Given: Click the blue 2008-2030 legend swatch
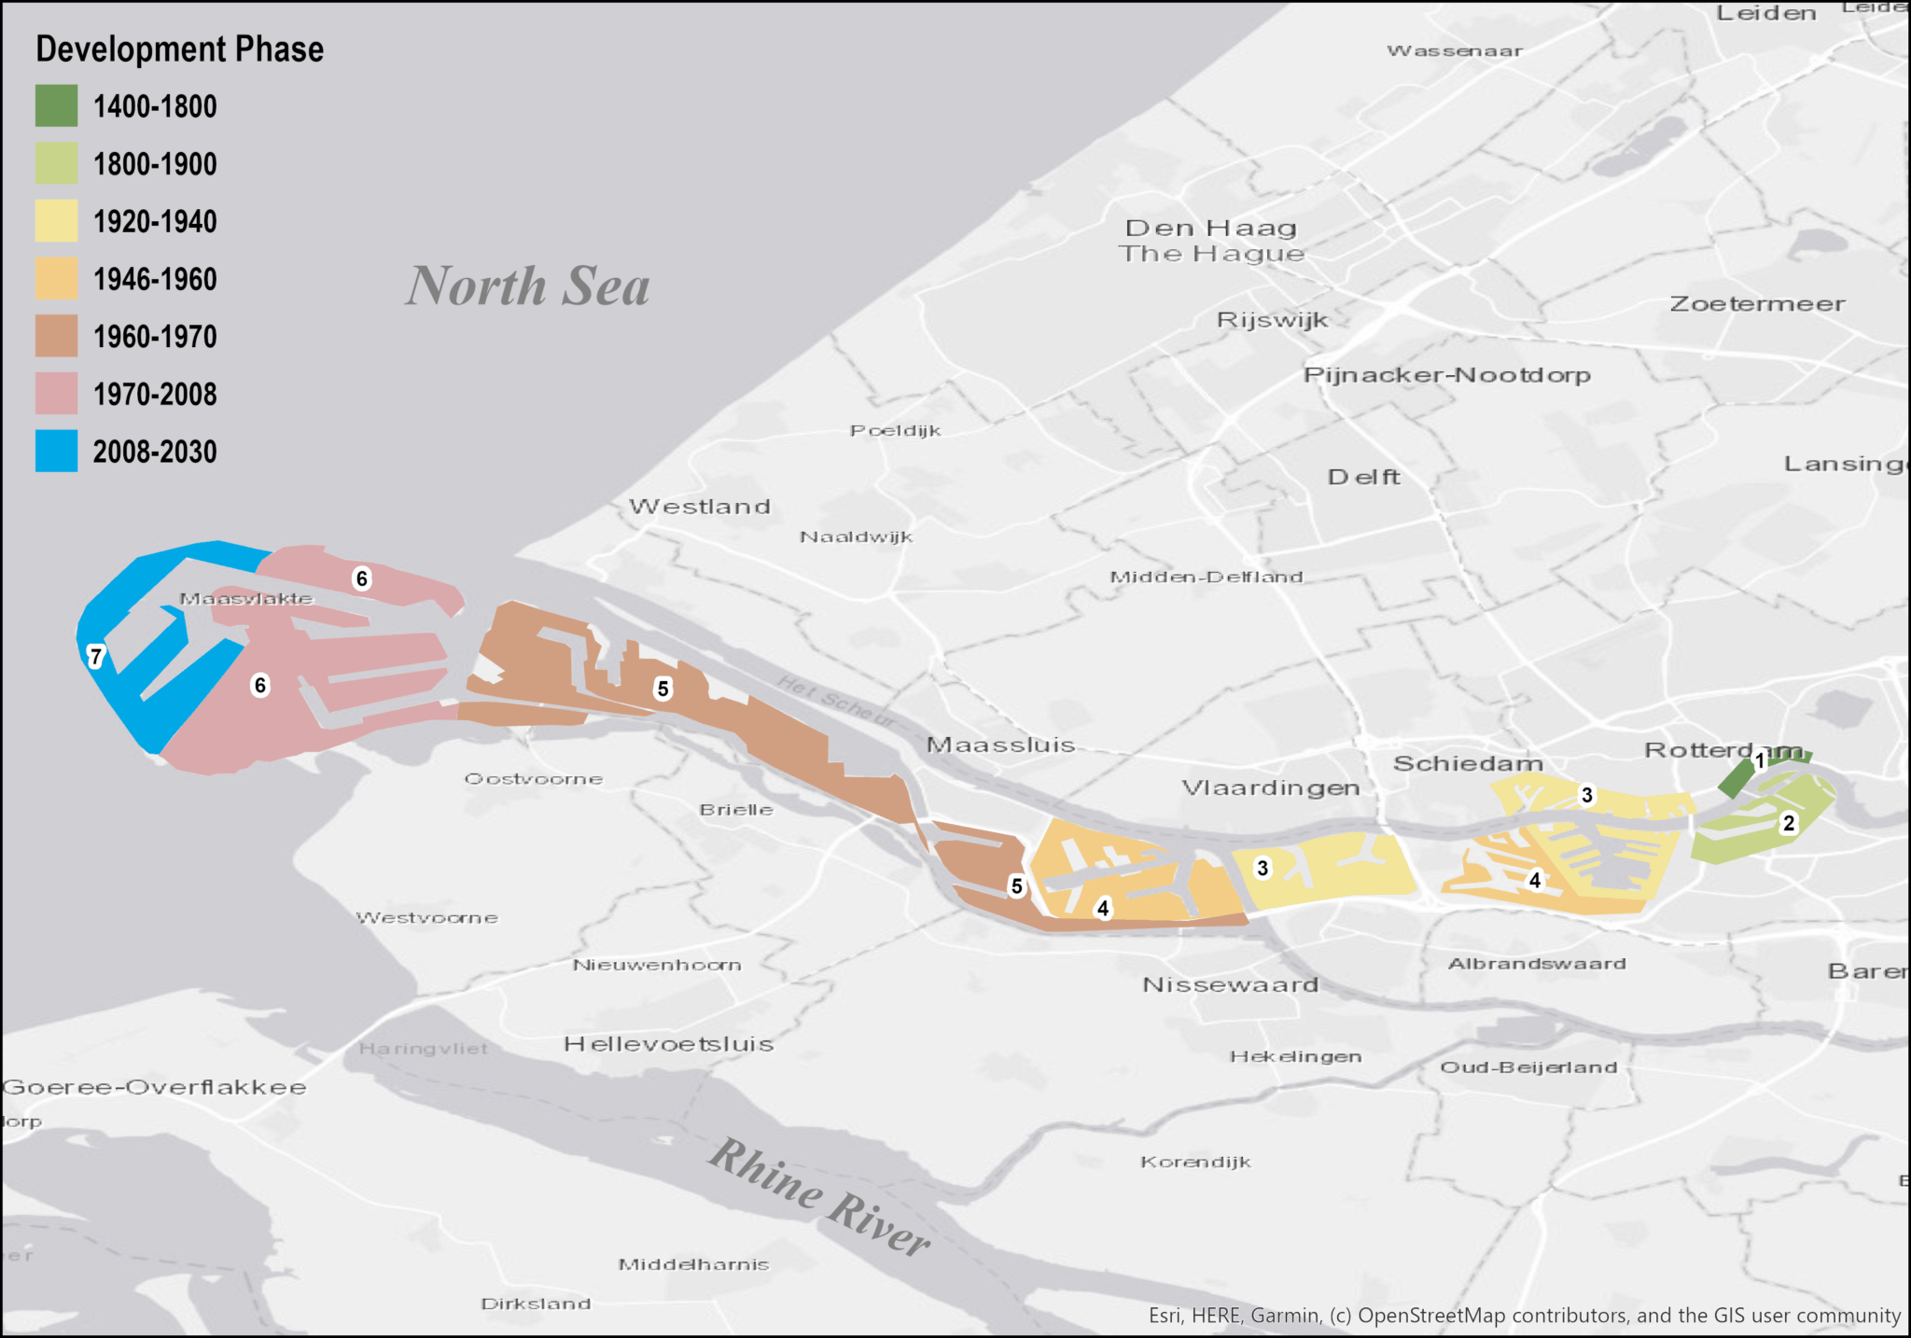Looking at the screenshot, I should [x=56, y=452].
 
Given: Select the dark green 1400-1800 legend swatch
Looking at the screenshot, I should [x=56, y=106].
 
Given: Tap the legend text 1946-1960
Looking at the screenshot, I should [x=155, y=279].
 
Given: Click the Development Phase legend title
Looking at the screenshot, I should [x=179, y=49].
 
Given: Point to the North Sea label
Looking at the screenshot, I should [x=527, y=286].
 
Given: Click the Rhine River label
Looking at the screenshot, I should [x=818, y=1197].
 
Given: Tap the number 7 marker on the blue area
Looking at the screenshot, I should [x=95, y=656].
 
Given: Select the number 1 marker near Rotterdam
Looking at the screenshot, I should [x=1760, y=760].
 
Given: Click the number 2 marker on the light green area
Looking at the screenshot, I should [x=1789, y=823].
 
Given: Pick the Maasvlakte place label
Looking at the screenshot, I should [x=246, y=599].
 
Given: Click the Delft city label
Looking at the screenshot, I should [x=1363, y=477].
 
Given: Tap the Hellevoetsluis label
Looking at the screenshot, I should [x=669, y=1044].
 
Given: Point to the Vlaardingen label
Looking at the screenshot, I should [x=1271, y=787].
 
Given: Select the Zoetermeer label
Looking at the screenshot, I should [x=1757, y=304].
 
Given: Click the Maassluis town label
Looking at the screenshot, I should [x=1000, y=745].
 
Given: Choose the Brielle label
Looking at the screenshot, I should [x=736, y=810].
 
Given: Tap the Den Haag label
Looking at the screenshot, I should [x=1210, y=228].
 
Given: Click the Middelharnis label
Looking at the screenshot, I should [x=693, y=1264].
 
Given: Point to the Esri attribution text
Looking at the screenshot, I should [x=1524, y=1316].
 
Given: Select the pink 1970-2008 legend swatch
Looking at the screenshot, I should [x=56, y=394].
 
